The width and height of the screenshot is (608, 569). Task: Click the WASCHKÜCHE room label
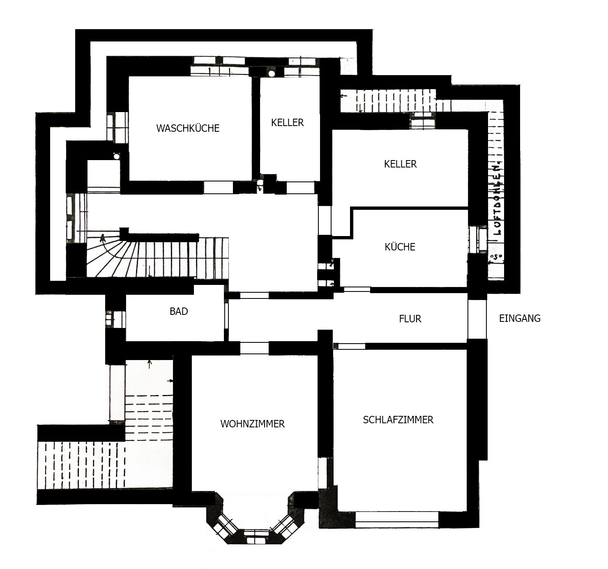pyautogui.click(x=188, y=128)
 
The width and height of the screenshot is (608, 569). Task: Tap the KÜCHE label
pyautogui.click(x=400, y=247)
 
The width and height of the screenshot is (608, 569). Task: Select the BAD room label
pyautogui.click(x=179, y=311)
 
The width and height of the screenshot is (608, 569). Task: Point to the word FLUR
pyautogui.click(x=410, y=319)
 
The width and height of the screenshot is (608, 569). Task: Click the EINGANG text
pyautogui.click(x=520, y=318)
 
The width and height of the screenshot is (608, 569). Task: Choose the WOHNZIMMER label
pyautogui.click(x=253, y=424)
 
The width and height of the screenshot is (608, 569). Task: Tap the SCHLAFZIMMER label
pyautogui.click(x=398, y=420)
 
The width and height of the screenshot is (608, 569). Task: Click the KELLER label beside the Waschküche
pyautogui.click(x=288, y=123)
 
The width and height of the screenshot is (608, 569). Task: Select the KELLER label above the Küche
pyautogui.click(x=401, y=164)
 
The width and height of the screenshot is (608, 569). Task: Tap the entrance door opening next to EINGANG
pyautogui.click(x=477, y=319)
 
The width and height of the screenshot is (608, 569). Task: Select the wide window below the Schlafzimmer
pyautogui.click(x=397, y=519)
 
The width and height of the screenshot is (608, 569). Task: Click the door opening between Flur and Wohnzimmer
pyautogui.click(x=254, y=348)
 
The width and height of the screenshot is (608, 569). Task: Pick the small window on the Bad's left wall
pyautogui.click(x=115, y=319)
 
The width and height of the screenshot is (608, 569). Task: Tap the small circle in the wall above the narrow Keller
pyautogui.click(x=272, y=73)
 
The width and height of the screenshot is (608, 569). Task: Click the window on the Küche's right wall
pyautogui.click(x=478, y=239)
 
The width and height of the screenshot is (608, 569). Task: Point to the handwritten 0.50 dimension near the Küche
pyautogui.click(x=496, y=257)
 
